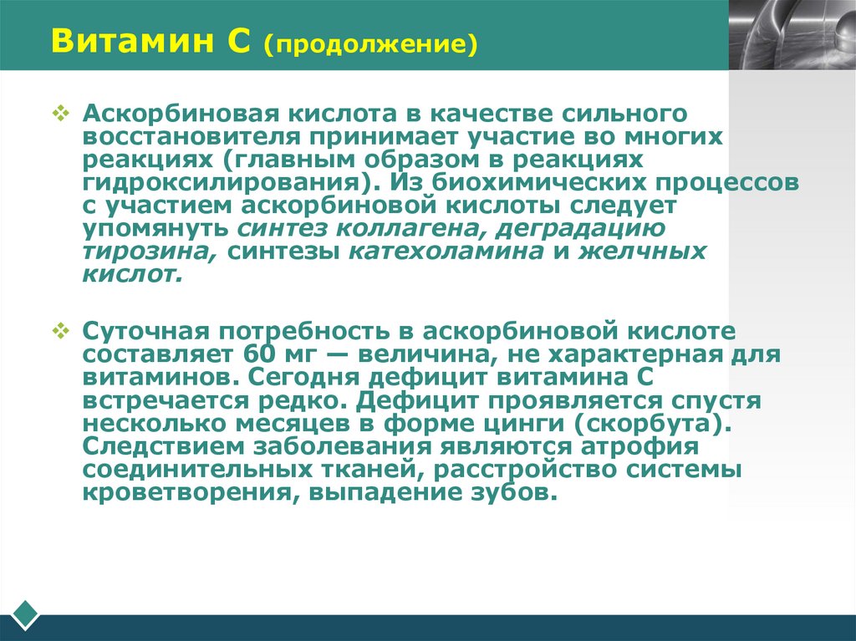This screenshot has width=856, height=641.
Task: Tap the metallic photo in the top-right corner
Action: pos(792,34)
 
